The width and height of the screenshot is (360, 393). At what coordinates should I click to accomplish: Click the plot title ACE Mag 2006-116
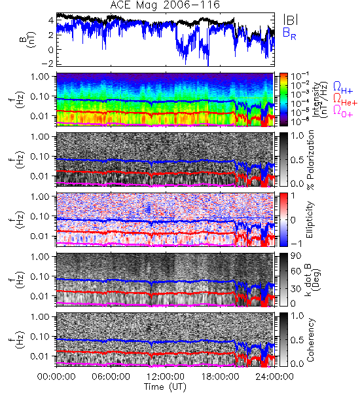[165, 5]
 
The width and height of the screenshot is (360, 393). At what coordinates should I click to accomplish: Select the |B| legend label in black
[290, 20]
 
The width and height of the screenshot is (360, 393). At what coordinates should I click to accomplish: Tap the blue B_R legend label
[289, 33]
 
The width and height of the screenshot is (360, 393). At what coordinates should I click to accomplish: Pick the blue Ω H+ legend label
[343, 88]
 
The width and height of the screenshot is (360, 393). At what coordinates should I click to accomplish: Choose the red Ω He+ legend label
[345, 100]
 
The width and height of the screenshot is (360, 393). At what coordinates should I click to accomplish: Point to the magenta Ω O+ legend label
[343, 111]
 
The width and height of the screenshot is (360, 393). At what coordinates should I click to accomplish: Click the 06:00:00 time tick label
[111, 377]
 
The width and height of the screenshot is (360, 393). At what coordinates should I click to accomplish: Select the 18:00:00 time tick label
[220, 377]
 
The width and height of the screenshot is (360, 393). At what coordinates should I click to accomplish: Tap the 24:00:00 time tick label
[274, 377]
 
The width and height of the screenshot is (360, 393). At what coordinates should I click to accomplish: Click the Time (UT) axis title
[165, 386]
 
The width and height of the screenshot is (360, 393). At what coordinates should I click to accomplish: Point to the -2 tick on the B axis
[46, 64]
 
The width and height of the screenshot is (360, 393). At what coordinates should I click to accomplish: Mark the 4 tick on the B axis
[50, 20]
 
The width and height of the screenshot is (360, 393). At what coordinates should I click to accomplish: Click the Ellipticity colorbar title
[310, 220]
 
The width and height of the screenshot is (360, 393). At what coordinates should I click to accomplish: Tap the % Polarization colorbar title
[310, 160]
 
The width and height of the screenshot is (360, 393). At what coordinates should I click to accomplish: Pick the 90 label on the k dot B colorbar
[296, 256]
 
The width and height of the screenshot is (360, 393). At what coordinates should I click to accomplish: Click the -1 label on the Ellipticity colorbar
[296, 244]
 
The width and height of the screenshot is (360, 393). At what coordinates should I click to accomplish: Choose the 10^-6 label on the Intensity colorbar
[299, 122]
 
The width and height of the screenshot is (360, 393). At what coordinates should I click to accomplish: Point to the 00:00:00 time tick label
[56, 377]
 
